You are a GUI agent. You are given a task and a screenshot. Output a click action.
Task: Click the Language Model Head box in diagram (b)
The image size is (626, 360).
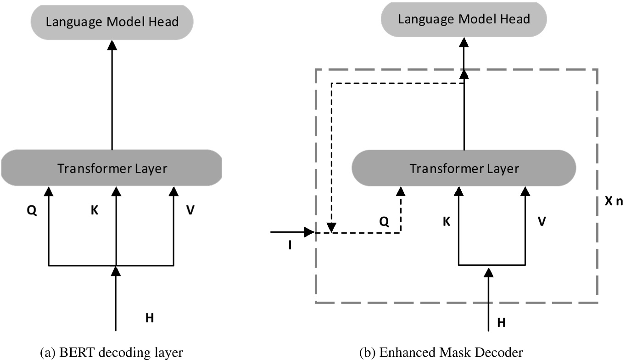(x=464, y=19)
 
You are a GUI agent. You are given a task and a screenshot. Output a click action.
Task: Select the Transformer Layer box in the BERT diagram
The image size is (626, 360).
(x=112, y=168)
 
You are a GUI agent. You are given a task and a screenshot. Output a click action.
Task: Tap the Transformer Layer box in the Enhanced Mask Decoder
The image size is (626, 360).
(x=464, y=168)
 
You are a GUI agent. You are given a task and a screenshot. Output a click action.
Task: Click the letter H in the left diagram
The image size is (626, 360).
(x=149, y=318)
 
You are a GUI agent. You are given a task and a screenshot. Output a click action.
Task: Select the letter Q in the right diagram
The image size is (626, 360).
(x=384, y=222)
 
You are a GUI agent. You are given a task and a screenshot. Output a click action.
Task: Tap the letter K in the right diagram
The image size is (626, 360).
(x=446, y=222)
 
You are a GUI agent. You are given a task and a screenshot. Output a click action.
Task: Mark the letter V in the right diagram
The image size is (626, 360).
(x=542, y=222)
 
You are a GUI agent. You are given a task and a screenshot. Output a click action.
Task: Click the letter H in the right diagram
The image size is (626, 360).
(x=502, y=323)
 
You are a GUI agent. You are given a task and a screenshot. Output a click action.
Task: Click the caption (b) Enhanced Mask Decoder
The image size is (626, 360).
(x=464, y=352)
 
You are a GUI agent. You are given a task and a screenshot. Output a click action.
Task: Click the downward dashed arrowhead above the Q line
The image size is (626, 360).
(x=331, y=227)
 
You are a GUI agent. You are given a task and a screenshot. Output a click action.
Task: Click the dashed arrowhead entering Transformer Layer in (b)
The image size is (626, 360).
(x=401, y=190)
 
